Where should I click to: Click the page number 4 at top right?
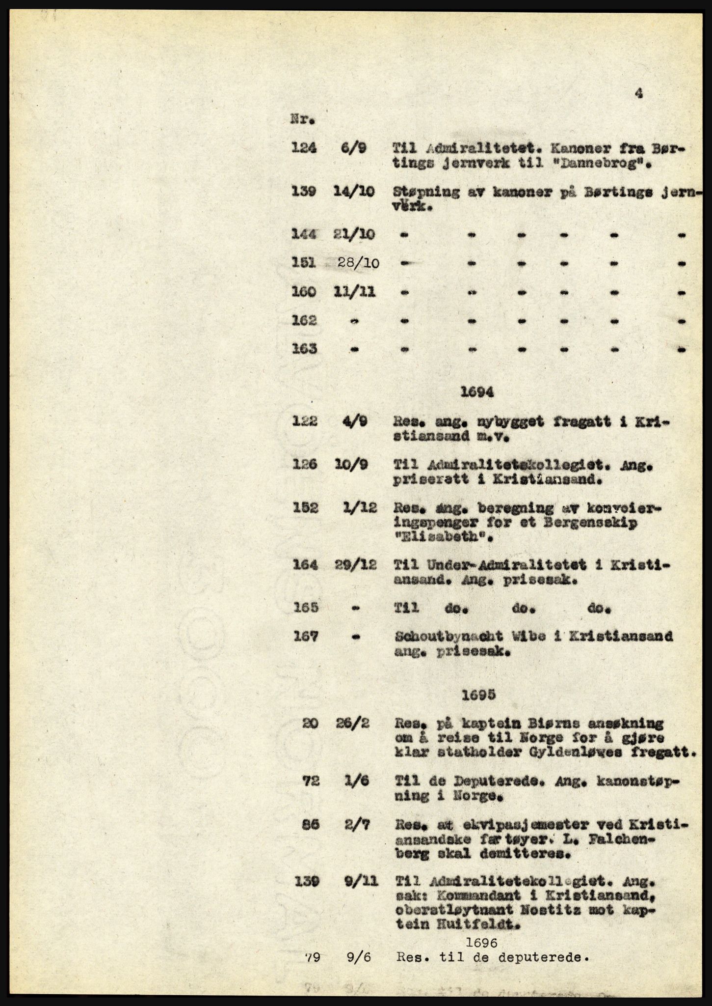pos(638,93)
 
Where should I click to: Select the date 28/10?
pos(358,263)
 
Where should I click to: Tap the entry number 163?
pos(304,349)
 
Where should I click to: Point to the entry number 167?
pos(304,637)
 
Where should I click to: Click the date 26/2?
pos(357,724)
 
